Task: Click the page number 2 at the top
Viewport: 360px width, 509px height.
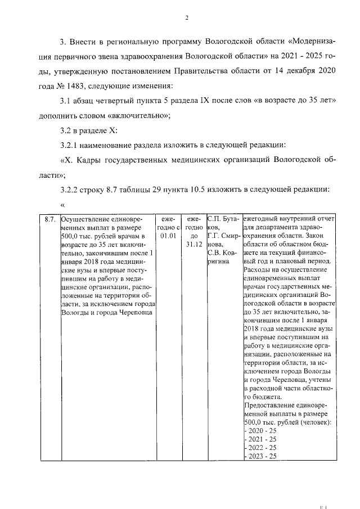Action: [x=186, y=17]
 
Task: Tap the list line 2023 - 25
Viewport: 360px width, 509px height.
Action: [x=262, y=456]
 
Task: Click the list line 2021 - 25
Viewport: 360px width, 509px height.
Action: [x=262, y=439]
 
